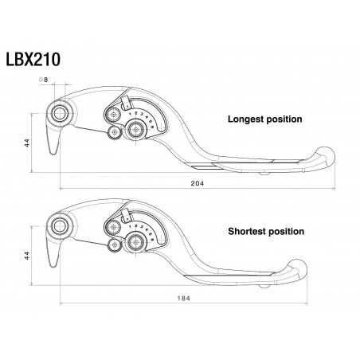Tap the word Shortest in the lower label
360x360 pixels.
pos(248,232)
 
